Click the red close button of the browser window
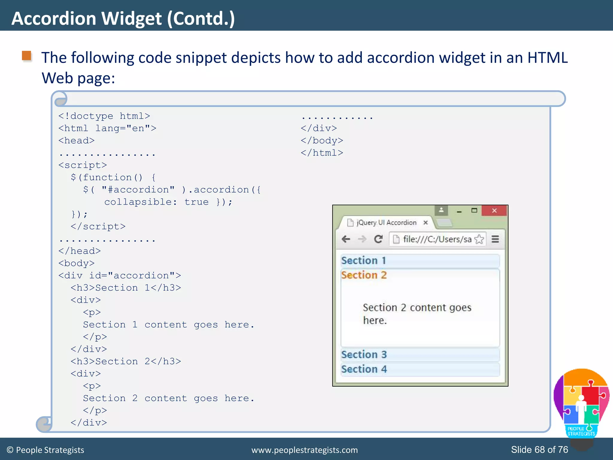(x=494, y=211)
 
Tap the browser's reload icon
(x=378, y=239)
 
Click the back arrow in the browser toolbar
(x=346, y=239)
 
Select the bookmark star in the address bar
(x=479, y=239)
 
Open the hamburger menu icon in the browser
(x=495, y=239)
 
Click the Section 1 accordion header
(x=420, y=261)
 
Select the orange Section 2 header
(x=364, y=275)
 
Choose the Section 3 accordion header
(x=420, y=355)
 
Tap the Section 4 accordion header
(x=420, y=369)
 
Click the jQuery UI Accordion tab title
(x=386, y=223)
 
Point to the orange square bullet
(x=27, y=56)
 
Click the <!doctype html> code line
(x=104, y=116)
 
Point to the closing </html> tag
(x=322, y=153)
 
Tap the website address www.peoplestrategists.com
(x=304, y=450)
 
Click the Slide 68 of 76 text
(x=539, y=450)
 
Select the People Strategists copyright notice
(x=45, y=450)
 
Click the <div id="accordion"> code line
(x=120, y=276)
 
